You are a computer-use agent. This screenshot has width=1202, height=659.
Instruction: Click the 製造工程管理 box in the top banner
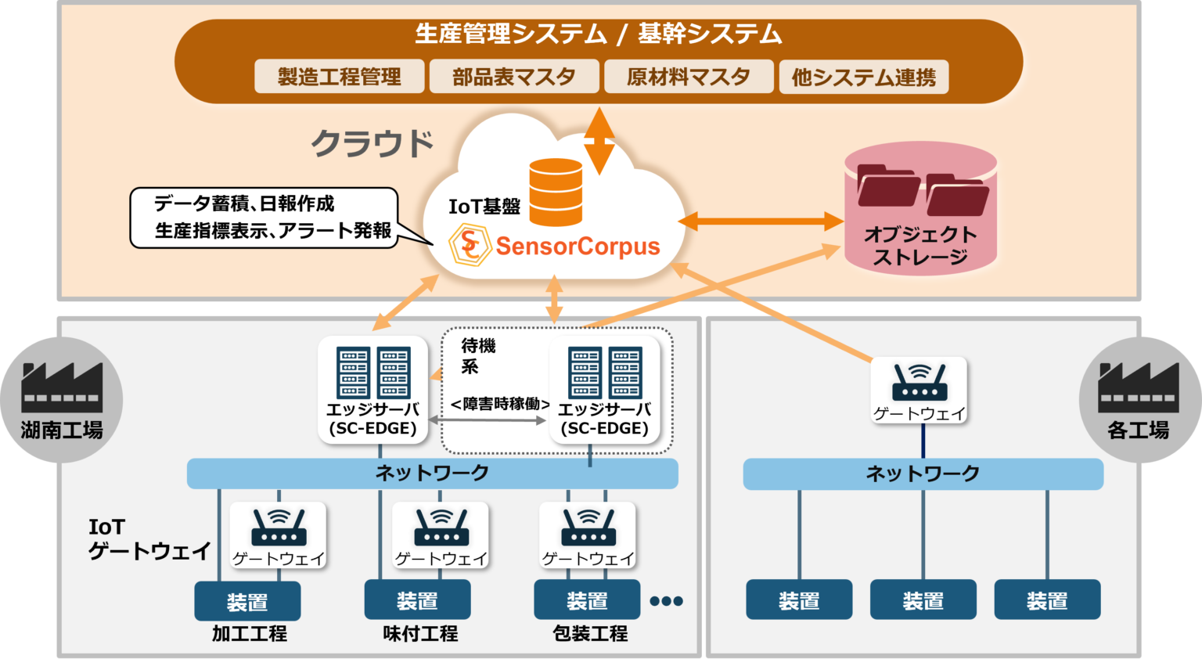point(339,77)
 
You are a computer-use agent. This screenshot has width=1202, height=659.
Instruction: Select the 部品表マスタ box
point(514,77)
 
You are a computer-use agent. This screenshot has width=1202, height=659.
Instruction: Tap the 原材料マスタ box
point(689,77)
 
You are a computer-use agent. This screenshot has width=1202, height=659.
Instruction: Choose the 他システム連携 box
point(864,77)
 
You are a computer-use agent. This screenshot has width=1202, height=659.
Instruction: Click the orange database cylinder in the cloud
point(556,192)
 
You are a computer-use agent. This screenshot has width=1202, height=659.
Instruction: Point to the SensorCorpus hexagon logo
point(470,246)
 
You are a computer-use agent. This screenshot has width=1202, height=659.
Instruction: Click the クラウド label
point(372,143)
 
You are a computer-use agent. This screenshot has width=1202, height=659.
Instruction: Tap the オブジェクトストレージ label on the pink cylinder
point(920,245)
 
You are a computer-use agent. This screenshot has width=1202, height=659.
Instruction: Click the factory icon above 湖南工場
point(62,387)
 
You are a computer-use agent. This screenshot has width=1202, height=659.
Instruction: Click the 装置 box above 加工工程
point(247,601)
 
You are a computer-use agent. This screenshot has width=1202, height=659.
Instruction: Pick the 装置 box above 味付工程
point(417,600)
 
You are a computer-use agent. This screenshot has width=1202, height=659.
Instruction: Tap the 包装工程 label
point(590,633)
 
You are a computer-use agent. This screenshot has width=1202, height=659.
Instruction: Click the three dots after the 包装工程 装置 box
point(667,601)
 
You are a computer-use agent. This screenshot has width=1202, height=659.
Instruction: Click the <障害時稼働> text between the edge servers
point(500,404)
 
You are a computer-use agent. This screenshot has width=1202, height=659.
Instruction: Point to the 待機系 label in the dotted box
point(477,355)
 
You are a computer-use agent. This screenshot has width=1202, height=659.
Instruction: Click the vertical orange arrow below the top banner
point(599,141)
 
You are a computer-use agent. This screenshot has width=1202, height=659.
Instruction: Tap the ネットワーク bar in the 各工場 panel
point(923,474)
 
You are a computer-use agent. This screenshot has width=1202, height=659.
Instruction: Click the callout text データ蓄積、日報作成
point(244,203)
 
